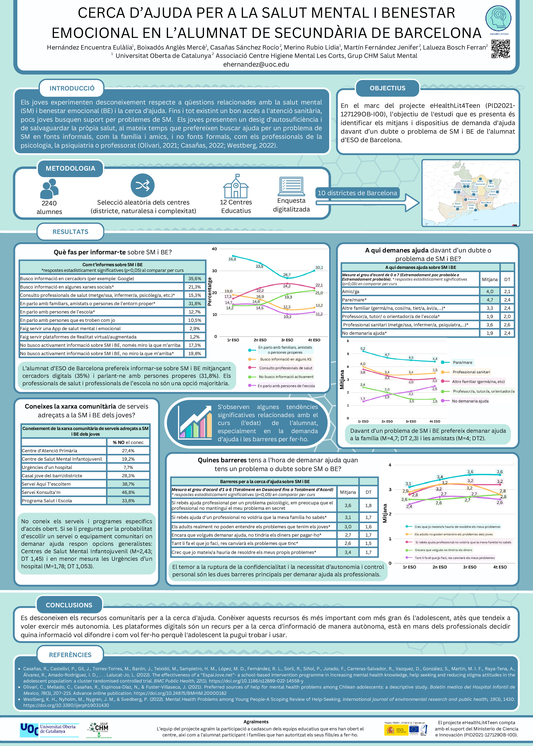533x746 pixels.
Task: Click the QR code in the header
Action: pyautogui.click(x=501, y=49)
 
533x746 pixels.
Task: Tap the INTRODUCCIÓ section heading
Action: pyautogui.click(x=72, y=88)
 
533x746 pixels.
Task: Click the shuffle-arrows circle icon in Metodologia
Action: pyautogui.click(x=142, y=185)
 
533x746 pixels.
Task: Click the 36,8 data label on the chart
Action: pyautogui.click(x=232, y=259)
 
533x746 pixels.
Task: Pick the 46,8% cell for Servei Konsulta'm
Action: pyautogui.click(x=128, y=492)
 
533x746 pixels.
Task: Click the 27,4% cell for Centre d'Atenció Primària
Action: pyautogui.click(x=128, y=451)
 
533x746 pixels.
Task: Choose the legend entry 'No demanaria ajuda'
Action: pyautogui.click(x=470, y=401)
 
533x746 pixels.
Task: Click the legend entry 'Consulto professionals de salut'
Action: pyautogui.click(x=285, y=368)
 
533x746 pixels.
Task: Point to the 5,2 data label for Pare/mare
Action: pyautogui.click(x=363, y=348)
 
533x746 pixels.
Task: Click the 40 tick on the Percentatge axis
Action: pyautogui.click(x=214, y=249)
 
